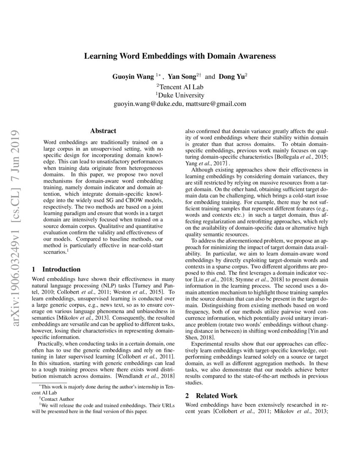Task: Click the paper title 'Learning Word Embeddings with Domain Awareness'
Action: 180,56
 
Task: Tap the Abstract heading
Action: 103,131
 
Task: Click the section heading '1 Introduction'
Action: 56,269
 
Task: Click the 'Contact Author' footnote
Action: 58,399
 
